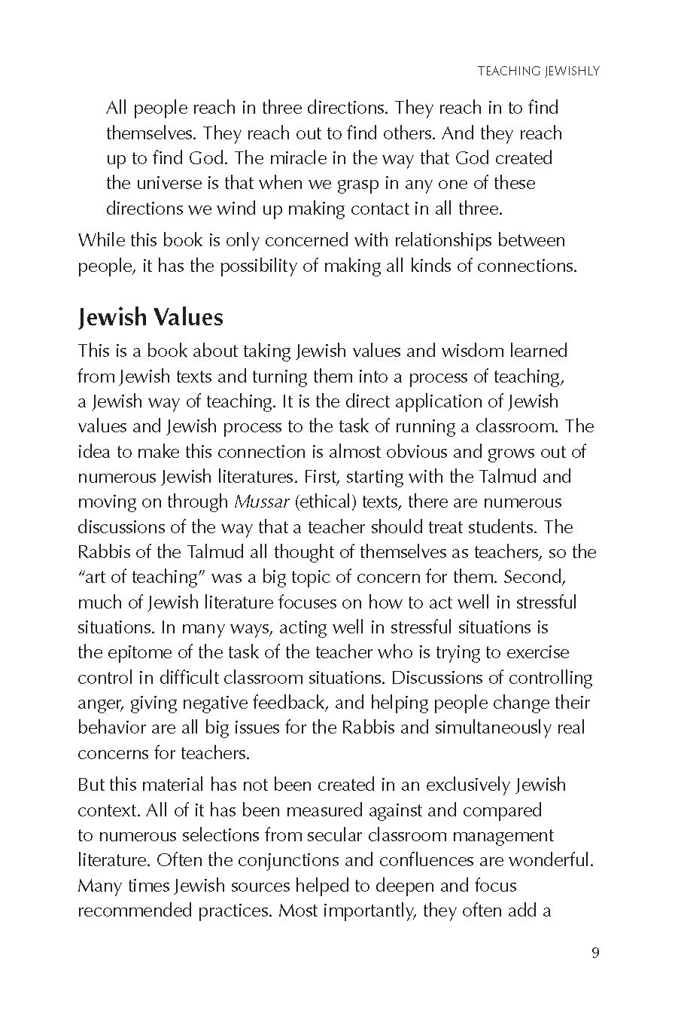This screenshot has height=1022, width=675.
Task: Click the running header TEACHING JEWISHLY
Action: tap(539, 72)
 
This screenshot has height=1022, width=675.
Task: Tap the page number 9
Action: tap(595, 953)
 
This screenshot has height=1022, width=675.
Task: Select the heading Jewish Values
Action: tap(151, 317)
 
